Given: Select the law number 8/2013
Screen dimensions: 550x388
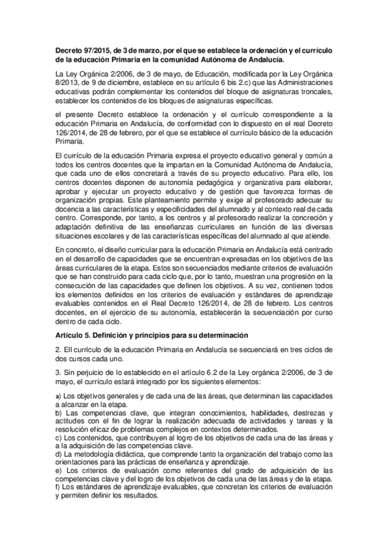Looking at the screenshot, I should [x=67, y=84].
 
